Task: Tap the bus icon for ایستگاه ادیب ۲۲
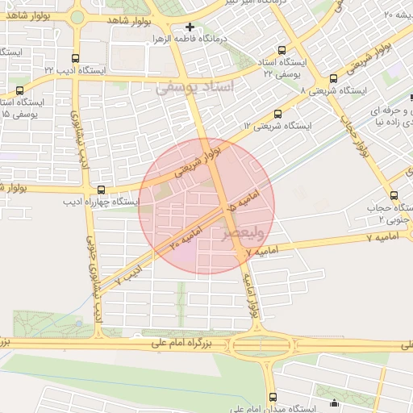(x=76, y=58)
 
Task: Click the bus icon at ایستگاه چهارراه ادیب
(x=100, y=190)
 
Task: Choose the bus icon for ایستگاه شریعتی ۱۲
(x=278, y=114)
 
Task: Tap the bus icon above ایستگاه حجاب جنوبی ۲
(x=394, y=194)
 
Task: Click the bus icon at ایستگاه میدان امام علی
(x=272, y=396)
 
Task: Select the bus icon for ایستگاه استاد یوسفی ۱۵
(x=19, y=90)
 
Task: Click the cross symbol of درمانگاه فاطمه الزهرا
(x=190, y=27)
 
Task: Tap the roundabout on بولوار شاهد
(x=77, y=16)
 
